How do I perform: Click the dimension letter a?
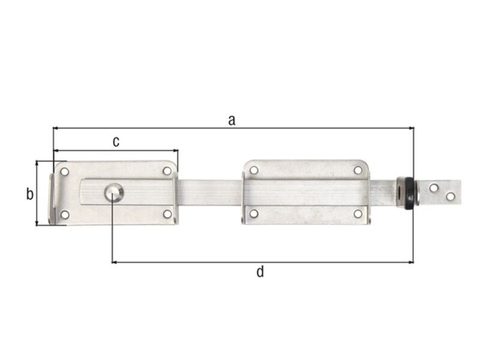232,121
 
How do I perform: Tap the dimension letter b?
29,194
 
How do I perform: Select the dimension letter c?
116,142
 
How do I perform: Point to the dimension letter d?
260,272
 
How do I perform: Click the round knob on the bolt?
114,193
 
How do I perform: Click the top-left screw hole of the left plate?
65,172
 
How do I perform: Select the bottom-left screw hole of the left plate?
65,215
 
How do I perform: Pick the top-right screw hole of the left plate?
167,171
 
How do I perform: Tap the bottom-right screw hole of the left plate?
167,214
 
